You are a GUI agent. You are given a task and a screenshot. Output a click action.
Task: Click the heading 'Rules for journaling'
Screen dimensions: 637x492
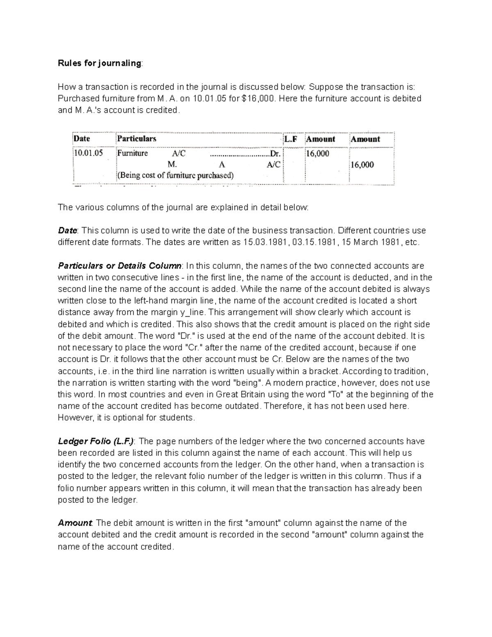coord(100,63)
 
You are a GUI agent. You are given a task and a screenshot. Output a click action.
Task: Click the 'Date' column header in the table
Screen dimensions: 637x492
coord(82,139)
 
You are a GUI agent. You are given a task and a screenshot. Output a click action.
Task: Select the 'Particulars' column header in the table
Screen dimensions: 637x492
coord(137,139)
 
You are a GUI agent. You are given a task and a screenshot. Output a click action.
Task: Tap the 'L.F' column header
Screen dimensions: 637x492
coord(290,139)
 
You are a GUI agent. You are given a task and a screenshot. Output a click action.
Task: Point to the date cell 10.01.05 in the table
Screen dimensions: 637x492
coord(88,153)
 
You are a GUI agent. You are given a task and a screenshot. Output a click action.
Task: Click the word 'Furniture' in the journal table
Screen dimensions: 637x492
coord(132,153)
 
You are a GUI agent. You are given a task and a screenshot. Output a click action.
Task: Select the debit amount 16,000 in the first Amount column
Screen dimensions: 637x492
coord(317,154)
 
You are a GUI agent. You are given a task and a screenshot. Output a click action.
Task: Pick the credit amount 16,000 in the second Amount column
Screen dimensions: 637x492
coord(362,165)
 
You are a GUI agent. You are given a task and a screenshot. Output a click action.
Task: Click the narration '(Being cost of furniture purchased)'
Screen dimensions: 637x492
coord(175,176)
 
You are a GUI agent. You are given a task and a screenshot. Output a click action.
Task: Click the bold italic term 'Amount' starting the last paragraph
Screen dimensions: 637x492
coord(75,523)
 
